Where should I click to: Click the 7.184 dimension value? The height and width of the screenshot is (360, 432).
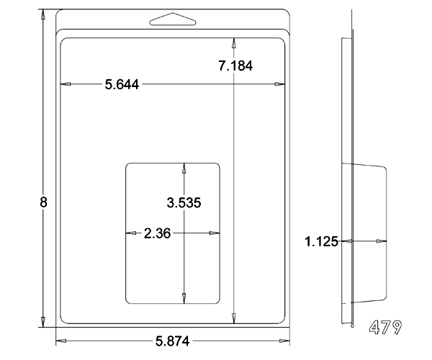[x=235, y=66]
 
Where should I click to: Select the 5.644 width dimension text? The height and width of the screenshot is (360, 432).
[x=122, y=84]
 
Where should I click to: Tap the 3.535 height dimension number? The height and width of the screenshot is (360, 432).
[x=184, y=203]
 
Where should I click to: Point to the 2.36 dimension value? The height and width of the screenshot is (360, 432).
[x=157, y=233]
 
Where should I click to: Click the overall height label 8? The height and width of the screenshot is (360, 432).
[x=43, y=202]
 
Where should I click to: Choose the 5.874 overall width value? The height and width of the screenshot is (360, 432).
[x=173, y=341]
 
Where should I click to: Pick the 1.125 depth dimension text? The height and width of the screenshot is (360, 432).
[x=321, y=242]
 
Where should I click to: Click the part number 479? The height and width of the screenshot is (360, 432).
[x=385, y=327]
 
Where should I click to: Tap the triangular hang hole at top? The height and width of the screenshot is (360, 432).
[x=173, y=19]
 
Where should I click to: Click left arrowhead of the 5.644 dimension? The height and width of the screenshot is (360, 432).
[x=66, y=84]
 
